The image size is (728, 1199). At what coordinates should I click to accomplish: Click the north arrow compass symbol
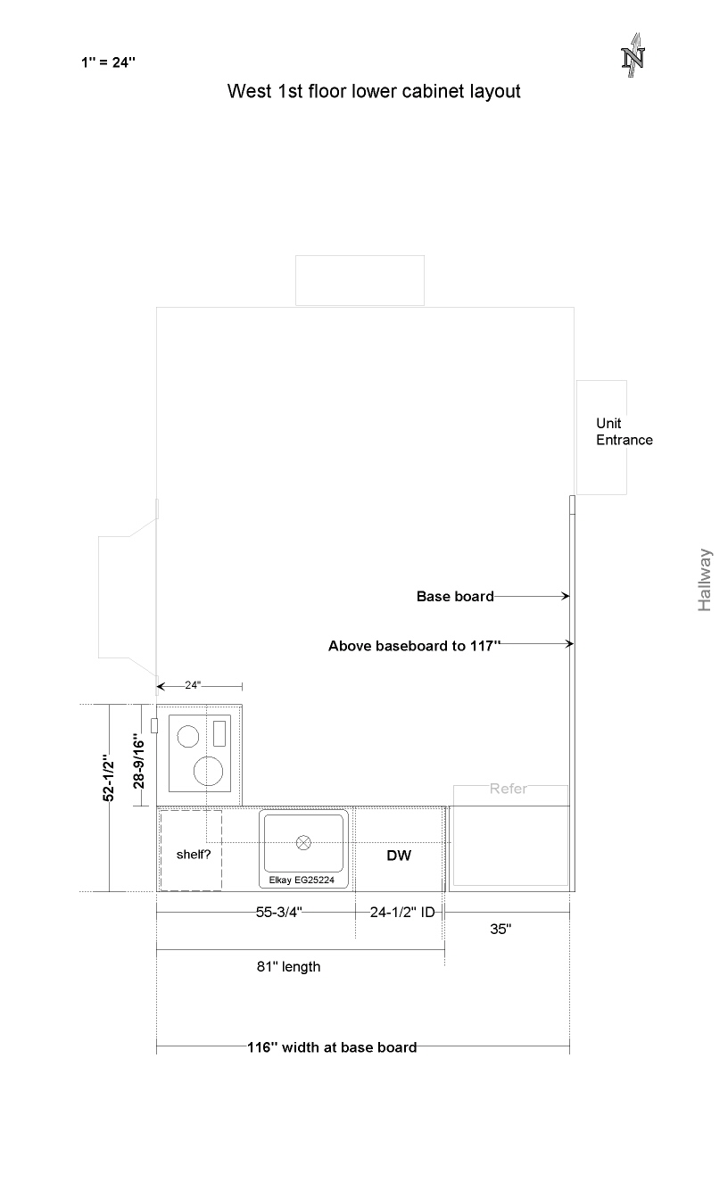(x=633, y=55)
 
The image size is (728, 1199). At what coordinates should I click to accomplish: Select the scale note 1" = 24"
(x=108, y=62)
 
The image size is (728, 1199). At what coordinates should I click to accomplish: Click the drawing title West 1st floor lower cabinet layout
(x=374, y=91)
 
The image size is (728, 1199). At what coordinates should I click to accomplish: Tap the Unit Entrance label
(x=625, y=432)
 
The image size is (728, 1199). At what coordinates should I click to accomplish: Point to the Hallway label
(x=705, y=580)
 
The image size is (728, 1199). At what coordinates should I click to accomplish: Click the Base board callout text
(x=455, y=596)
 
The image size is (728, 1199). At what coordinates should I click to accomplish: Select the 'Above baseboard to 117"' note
(x=414, y=646)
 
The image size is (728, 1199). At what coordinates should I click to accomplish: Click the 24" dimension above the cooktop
(x=193, y=685)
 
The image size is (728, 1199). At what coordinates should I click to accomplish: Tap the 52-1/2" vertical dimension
(x=108, y=778)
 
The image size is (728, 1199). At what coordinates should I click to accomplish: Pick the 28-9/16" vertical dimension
(x=138, y=761)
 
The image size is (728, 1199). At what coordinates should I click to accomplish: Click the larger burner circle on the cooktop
(x=208, y=772)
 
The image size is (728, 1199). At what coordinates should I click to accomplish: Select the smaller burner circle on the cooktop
(x=188, y=736)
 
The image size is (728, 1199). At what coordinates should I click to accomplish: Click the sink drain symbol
(x=303, y=842)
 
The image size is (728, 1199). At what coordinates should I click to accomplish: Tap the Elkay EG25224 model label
(x=302, y=880)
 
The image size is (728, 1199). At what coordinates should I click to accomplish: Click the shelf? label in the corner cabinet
(x=194, y=855)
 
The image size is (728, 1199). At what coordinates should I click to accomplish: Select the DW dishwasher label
(x=399, y=856)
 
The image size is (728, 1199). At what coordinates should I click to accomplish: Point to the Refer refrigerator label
(x=508, y=789)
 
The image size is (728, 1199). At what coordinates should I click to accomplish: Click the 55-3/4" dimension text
(x=279, y=912)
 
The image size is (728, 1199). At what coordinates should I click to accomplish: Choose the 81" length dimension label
(x=288, y=967)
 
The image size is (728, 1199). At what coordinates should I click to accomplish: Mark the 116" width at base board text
(x=332, y=1047)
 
